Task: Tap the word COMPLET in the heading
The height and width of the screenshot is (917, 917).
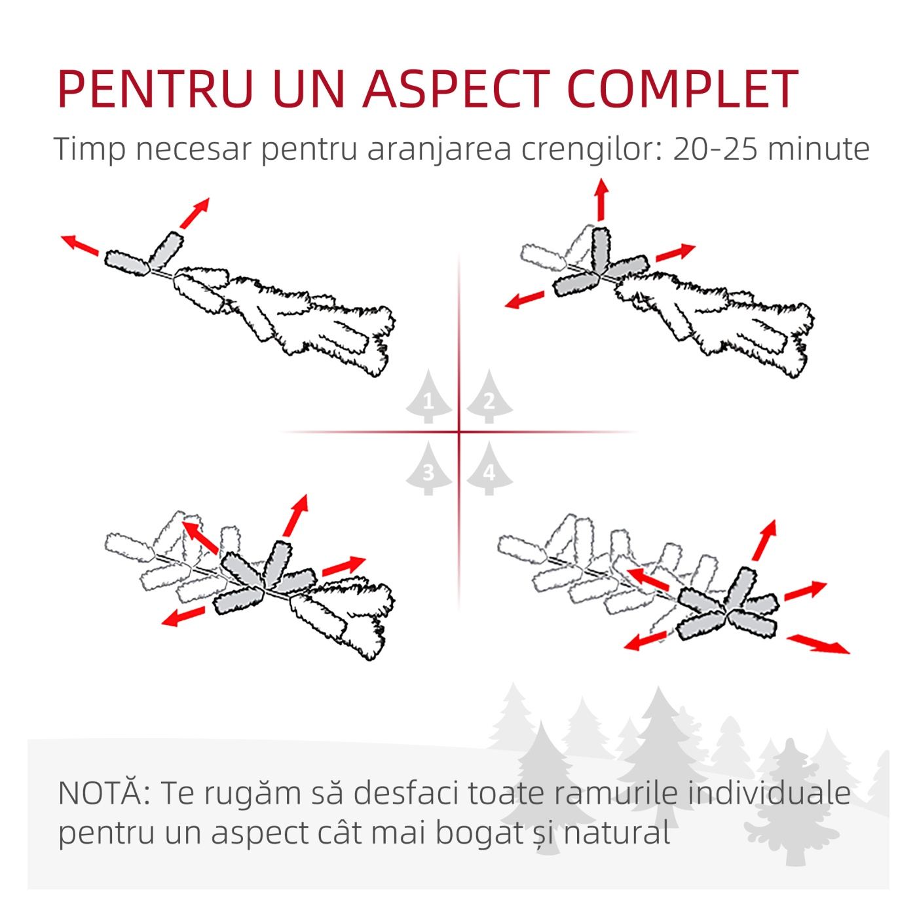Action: [683, 88]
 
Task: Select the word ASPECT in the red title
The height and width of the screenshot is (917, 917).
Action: [456, 88]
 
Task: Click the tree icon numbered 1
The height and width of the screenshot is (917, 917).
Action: [428, 396]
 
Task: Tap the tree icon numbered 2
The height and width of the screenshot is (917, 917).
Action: [489, 396]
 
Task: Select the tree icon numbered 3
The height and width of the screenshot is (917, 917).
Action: [428, 468]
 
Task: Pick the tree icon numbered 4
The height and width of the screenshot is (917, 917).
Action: [489, 468]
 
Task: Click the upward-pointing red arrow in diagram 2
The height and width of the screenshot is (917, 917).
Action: [601, 199]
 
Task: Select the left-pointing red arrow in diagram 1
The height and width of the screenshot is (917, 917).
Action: [80, 244]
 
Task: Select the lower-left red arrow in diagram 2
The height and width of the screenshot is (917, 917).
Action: [524, 300]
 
